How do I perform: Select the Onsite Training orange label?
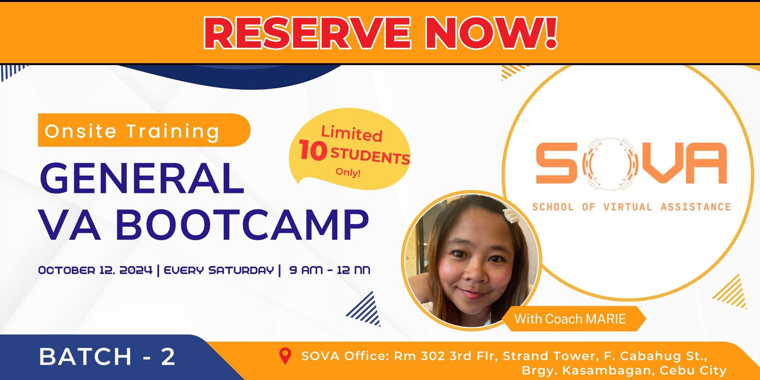tap(144, 130)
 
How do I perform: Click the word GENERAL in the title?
tap(142, 178)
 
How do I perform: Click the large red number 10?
tap(313, 150)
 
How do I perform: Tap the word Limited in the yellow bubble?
tap(352, 133)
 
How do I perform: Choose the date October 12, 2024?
tap(95, 270)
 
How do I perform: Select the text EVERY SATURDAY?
tap(219, 270)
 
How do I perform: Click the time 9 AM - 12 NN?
tap(330, 270)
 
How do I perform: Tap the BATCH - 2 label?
tap(107, 357)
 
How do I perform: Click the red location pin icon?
tap(285, 356)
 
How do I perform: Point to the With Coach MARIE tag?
tap(574, 319)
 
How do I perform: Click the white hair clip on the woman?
tap(511, 216)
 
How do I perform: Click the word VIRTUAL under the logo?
tap(627, 207)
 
